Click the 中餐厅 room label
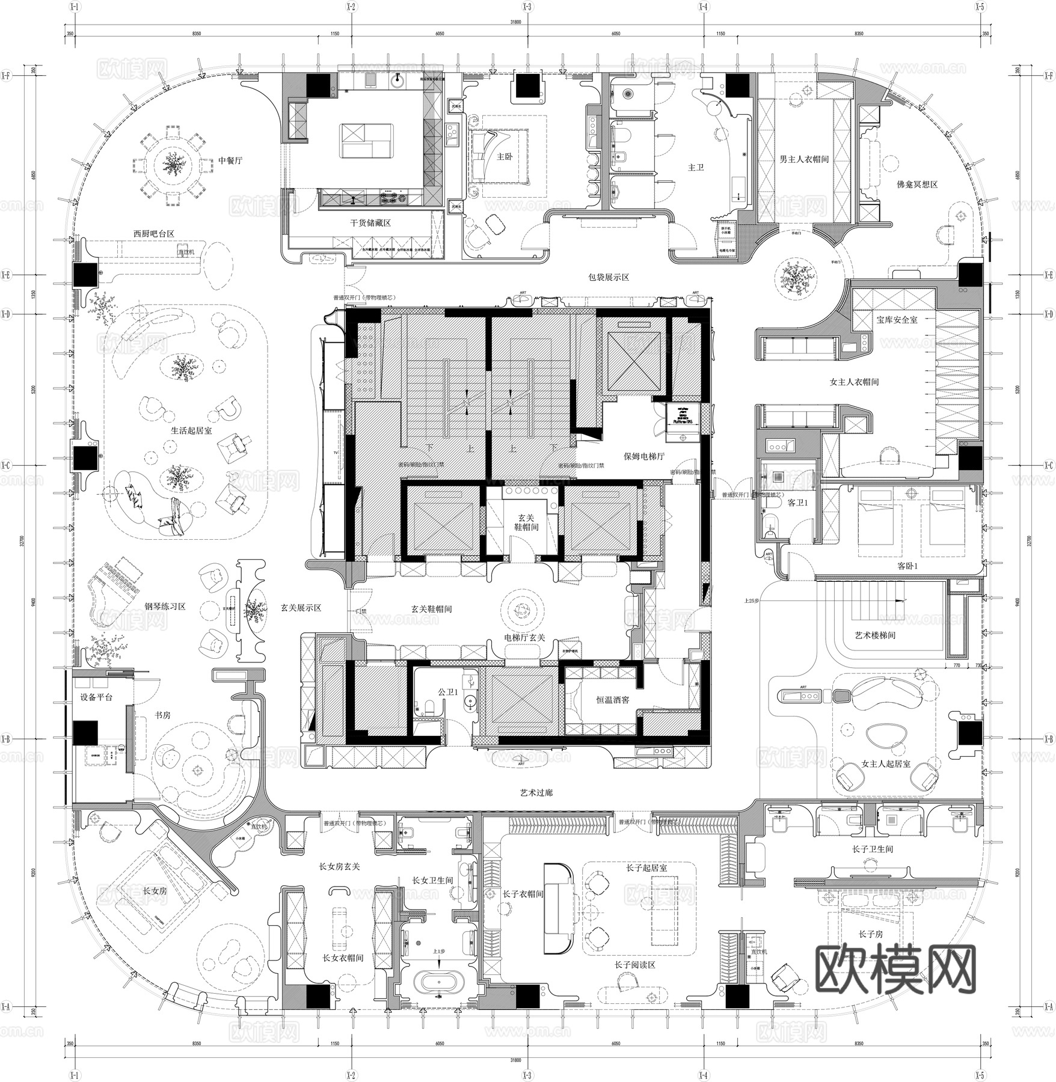(230, 160)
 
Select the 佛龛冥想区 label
(916, 185)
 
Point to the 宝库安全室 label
(897, 320)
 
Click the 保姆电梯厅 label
(643, 456)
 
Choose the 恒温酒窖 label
(612, 700)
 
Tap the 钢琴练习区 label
(165, 607)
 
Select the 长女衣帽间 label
(343, 958)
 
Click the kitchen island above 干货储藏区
(367, 141)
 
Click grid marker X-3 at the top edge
(527, 7)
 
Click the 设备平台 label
(96, 697)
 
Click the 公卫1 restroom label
(447, 692)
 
